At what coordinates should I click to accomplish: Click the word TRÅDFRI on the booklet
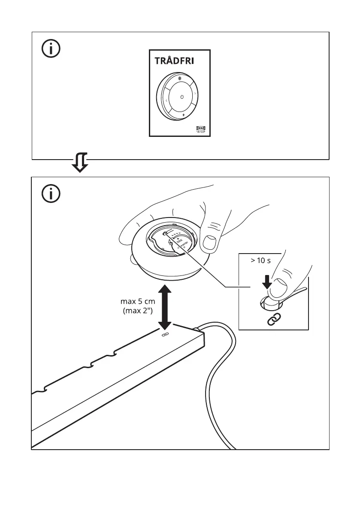coord(174,61)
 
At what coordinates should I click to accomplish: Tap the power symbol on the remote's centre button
coord(182,97)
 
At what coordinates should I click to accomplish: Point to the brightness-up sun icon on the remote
coord(181,79)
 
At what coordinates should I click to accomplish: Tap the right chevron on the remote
coord(196,94)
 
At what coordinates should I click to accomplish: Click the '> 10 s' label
coord(259,261)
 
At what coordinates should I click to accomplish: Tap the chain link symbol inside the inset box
coord(273,320)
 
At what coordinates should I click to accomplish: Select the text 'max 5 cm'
coord(138,302)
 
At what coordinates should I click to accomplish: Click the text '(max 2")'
coord(138,311)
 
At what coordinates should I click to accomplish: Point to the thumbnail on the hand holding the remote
coord(210,242)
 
